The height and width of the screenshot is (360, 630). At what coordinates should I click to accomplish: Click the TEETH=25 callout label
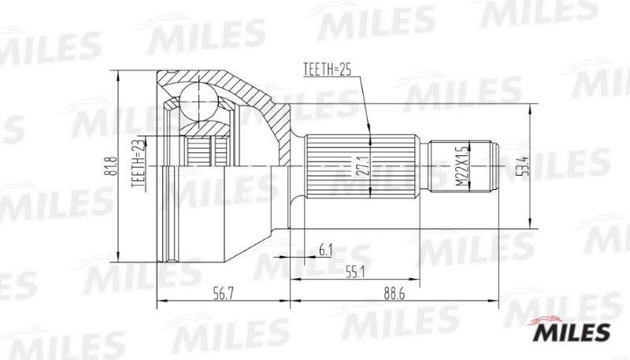click(326, 70)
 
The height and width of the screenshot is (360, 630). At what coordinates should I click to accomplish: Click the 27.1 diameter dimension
click(362, 167)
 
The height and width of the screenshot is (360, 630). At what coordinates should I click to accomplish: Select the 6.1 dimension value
click(324, 252)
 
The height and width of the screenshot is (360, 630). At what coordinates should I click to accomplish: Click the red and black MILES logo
click(573, 332)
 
